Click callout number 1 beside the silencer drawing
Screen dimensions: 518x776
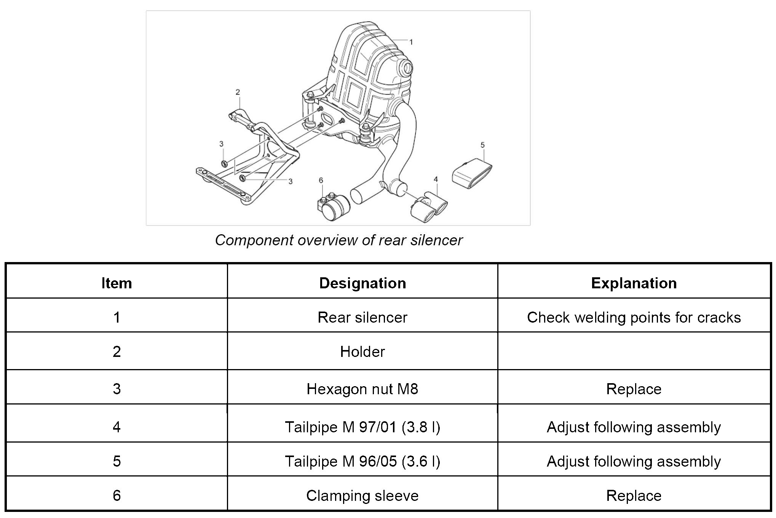[411, 42]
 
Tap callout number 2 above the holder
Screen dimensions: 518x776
[238, 92]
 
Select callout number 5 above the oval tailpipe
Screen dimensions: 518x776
[482, 145]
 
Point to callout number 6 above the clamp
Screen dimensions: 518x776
[321, 180]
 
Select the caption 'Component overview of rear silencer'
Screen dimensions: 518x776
[339, 240]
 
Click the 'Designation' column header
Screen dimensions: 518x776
[362, 283]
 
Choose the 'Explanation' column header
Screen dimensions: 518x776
[634, 283]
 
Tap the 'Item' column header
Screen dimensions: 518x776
[117, 283]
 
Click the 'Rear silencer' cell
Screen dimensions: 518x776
[362, 317]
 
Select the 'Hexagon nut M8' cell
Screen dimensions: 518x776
[362, 389]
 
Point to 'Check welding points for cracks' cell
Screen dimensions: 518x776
[634, 317]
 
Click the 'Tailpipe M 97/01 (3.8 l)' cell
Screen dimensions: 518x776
[362, 427]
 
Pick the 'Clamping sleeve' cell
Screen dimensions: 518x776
[362, 496]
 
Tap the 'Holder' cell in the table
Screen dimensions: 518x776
[362, 352]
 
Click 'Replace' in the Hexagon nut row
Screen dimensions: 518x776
[634, 389]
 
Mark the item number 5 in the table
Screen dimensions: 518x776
[117, 461]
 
